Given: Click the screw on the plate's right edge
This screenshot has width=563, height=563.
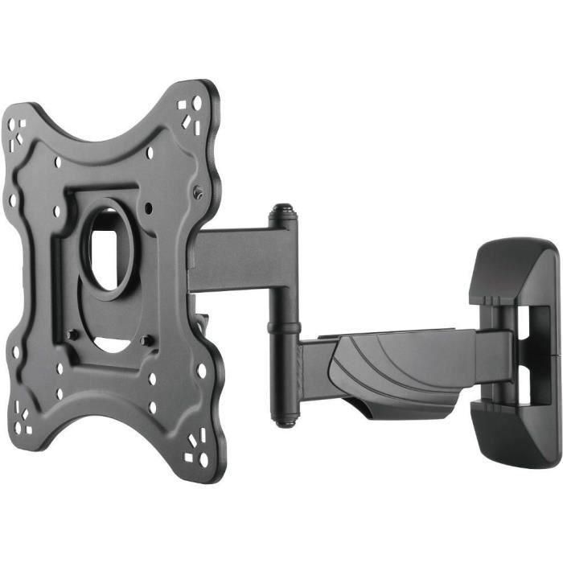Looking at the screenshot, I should tap(198, 191).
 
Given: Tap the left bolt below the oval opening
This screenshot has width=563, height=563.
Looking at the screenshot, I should tap(73, 333).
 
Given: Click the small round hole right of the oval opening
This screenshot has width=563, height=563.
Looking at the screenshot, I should tap(150, 208).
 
